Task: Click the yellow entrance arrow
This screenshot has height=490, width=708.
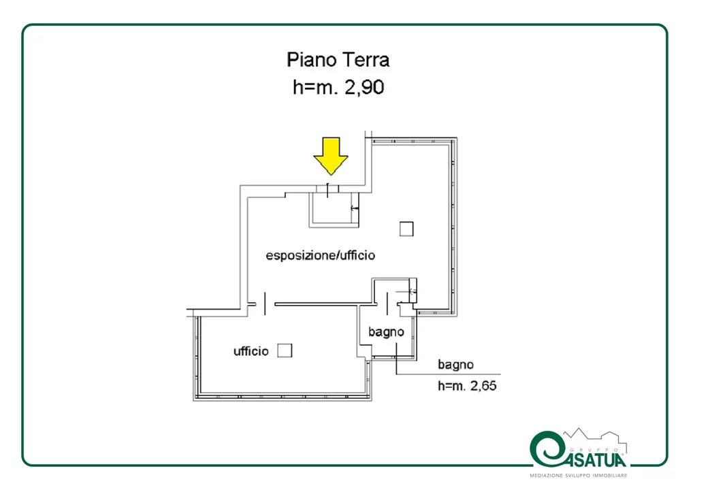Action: click(331, 156)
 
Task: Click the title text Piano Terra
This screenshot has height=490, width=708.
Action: click(338, 60)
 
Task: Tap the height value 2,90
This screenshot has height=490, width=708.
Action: click(364, 87)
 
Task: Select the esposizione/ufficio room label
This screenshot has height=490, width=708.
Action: click(320, 255)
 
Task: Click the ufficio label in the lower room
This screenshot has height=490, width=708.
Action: click(251, 351)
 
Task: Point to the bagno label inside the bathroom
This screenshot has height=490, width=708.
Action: click(386, 332)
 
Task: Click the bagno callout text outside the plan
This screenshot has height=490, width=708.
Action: click(455, 365)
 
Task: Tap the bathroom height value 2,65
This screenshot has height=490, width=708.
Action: click(483, 386)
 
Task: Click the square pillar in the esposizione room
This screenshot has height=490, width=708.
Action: click(406, 229)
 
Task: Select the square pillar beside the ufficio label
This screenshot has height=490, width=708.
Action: click(285, 350)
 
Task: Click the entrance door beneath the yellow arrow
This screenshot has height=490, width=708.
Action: click(327, 189)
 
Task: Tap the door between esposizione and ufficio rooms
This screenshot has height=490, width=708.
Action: click(265, 304)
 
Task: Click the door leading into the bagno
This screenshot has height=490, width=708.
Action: click(387, 304)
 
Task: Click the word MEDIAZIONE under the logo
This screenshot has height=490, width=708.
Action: click(546, 476)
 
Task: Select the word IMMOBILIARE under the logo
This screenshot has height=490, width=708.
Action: click(609, 476)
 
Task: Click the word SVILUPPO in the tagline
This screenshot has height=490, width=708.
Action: click(577, 476)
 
